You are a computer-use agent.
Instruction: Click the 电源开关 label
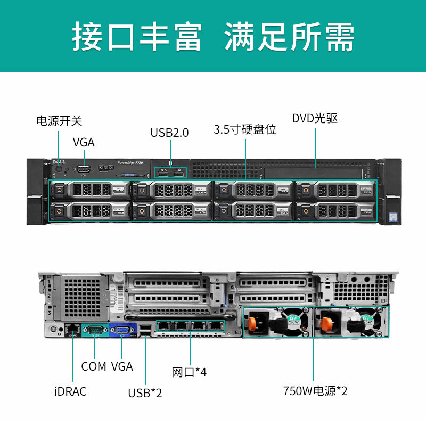coord(59,121)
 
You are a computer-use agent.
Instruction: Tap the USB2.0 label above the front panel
coord(169,133)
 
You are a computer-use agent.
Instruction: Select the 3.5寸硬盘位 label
coord(245,129)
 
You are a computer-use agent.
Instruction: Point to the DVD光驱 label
coord(315,118)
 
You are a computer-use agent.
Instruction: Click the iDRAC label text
coord(70,392)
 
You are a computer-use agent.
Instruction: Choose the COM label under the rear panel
coord(94,366)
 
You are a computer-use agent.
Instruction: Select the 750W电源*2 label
coord(316,392)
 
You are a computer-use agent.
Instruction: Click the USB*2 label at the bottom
coord(145,393)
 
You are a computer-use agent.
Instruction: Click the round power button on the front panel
coord(59,169)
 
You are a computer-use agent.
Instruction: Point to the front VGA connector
coord(84,169)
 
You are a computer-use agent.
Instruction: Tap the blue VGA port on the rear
coord(122,331)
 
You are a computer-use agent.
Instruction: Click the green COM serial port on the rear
coord(95,331)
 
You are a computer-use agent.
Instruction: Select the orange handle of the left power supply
coord(252,323)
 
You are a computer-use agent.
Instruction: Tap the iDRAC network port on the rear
coord(71,329)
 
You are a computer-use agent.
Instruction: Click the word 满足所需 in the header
coord(289,36)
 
